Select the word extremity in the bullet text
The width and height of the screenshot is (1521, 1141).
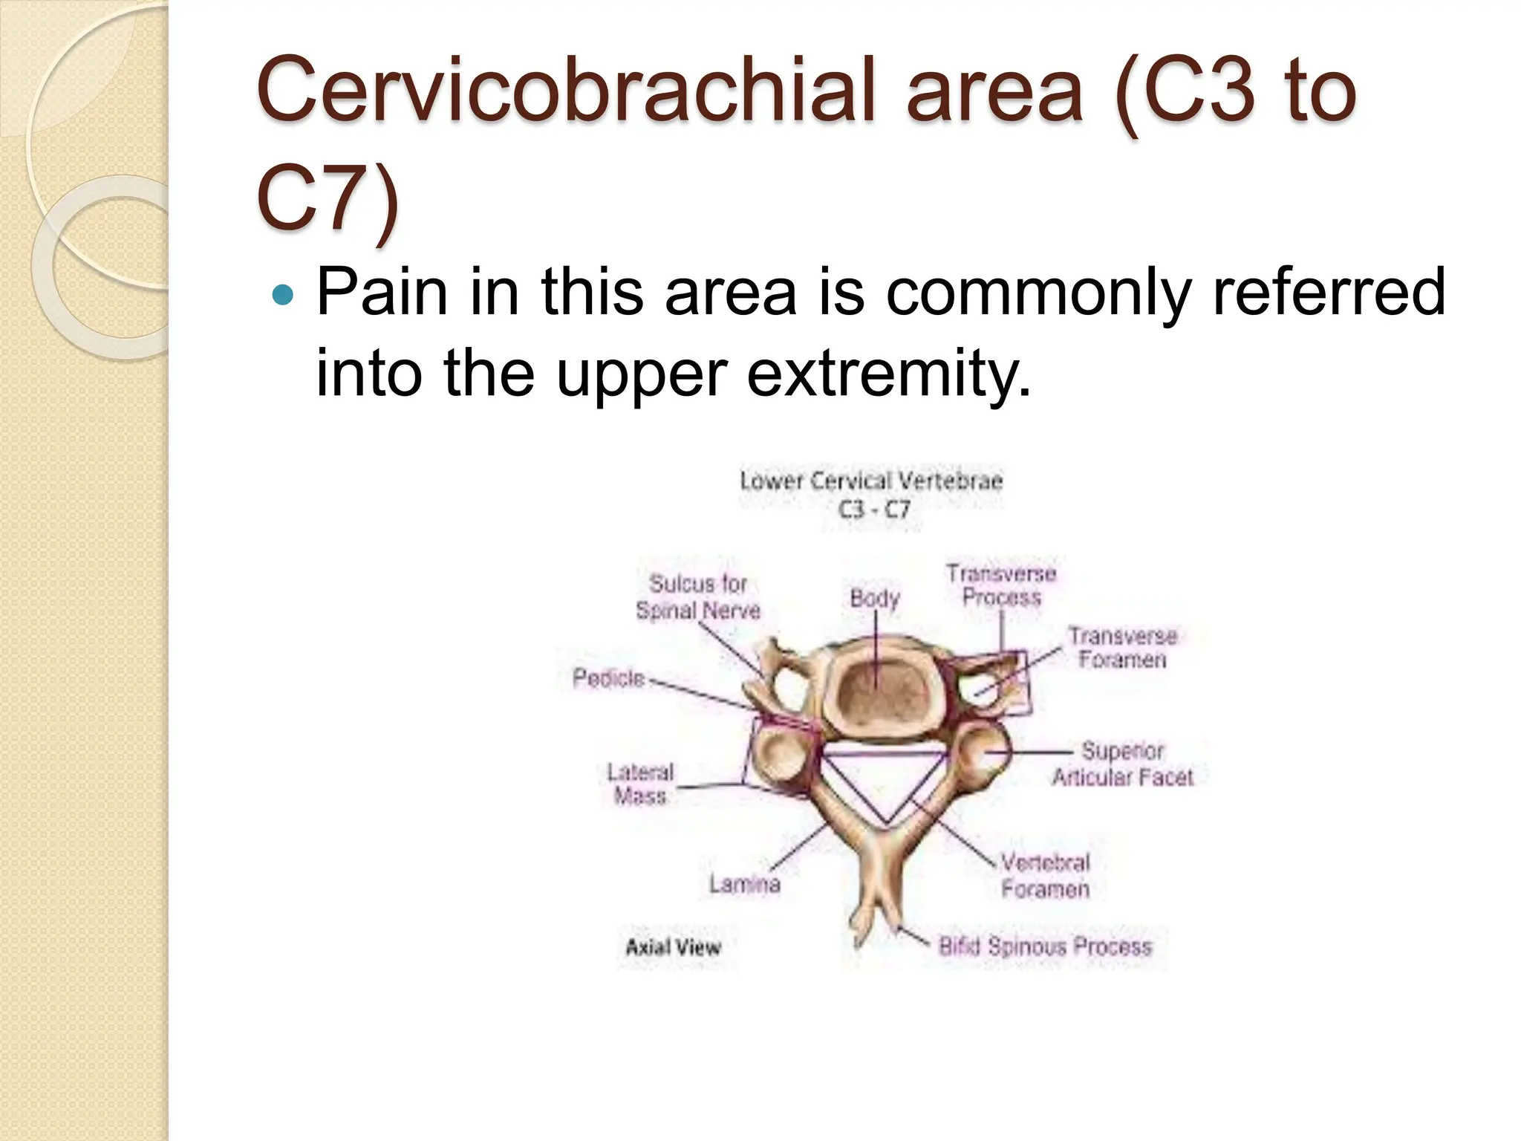pyautogui.click(x=888, y=374)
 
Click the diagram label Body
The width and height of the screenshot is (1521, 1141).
pyautogui.click(x=874, y=598)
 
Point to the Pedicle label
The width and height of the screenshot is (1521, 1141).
pyautogui.click(x=608, y=678)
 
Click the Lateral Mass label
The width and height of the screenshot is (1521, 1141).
pyautogui.click(x=640, y=784)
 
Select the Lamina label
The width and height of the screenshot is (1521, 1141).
pyautogui.click(x=744, y=884)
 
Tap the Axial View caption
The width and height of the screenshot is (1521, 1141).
pyautogui.click(x=673, y=947)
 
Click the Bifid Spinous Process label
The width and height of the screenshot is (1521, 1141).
pyautogui.click(x=1045, y=946)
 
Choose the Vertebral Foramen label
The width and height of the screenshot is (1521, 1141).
pyautogui.click(x=1045, y=876)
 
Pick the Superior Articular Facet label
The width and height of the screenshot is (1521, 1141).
pyautogui.click(x=1122, y=764)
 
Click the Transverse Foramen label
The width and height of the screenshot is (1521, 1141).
pyautogui.click(x=1122, y=648)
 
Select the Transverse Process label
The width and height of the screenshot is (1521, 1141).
pyautogui.click(x=1000, y=585)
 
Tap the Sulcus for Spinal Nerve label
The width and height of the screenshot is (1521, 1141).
pyautogui.click(x=698, y=597)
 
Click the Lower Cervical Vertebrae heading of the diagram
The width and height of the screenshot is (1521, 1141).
pyautogui.click(x=871, y=481)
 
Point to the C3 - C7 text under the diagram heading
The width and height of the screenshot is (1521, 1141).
pyautogui.click(x=873, y=510)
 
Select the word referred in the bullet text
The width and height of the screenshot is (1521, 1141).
pyautogui.click(x=1329, y=293)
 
